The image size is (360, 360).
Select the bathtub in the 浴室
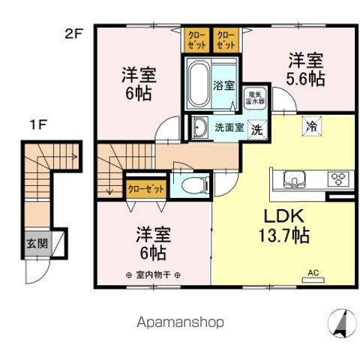click(198, 84)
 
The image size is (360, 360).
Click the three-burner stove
click(337, 178)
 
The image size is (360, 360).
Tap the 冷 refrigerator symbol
click(310, 126)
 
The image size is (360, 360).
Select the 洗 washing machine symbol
click(256, 128)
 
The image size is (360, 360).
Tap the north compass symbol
click(340, 324)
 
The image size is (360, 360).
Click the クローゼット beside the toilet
click(145, 189)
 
